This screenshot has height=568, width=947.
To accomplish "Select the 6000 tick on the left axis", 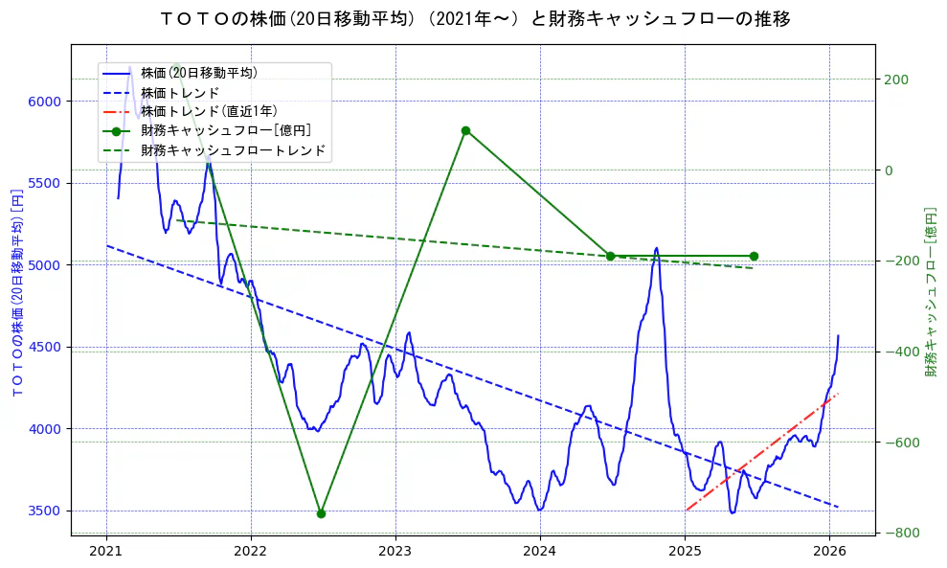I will [x=46, y=102].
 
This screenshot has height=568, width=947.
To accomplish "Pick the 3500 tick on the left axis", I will [x=46, y=511].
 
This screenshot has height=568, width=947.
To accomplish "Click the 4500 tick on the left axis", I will [x=46, y=347].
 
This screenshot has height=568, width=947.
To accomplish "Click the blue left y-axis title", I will [x=16, y=292].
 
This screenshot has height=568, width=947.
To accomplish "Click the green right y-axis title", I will [x=930, y=292].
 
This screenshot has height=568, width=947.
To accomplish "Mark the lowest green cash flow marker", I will [x=321, y=513].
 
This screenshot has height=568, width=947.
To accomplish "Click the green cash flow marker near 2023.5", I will [x=465, y=130].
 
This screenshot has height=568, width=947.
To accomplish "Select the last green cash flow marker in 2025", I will [x=754, y=256].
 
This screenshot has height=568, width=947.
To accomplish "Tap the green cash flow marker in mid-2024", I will [x=610, y=256].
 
